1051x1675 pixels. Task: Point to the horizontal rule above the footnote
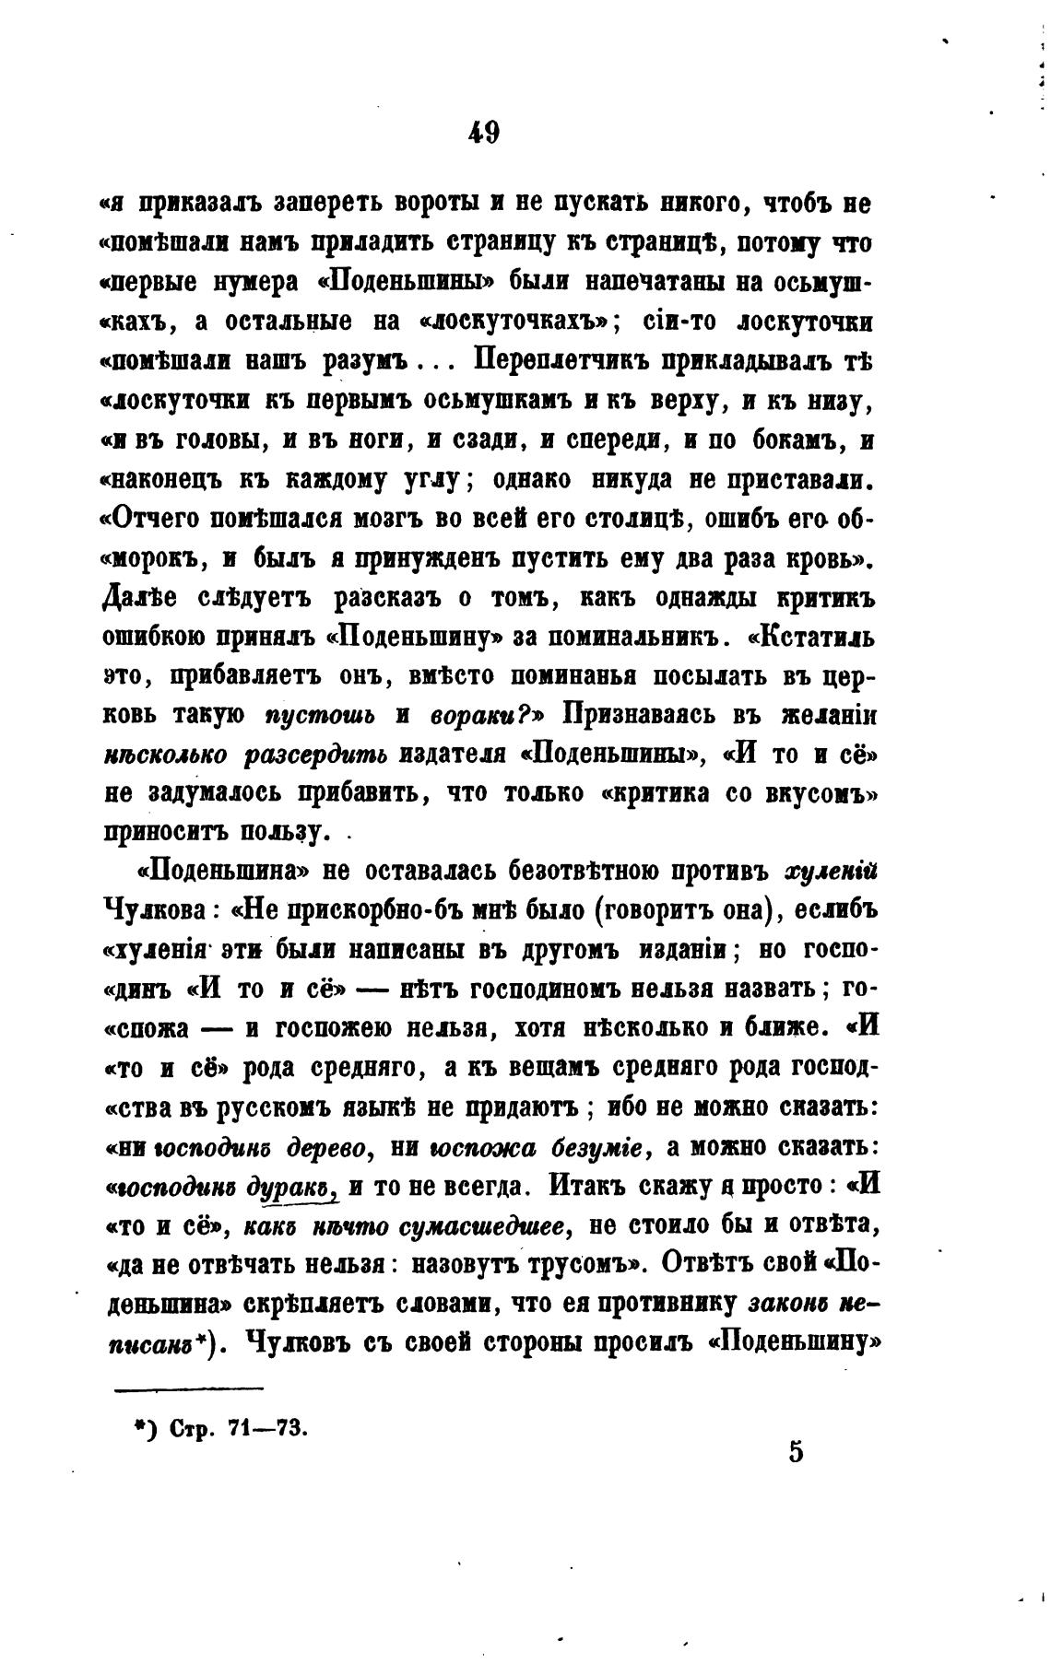tap(189, 1388)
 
